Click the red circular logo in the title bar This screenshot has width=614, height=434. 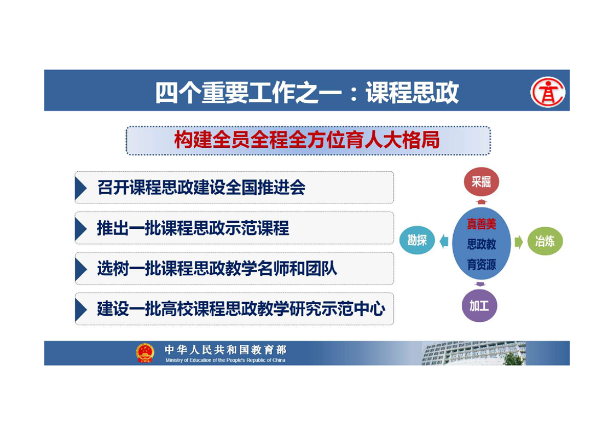(x=547, y=92)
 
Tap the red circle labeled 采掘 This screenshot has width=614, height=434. (x=481, y=182)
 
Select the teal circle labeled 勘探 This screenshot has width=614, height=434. (x=417, y=240)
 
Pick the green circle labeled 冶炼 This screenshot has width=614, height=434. (x=545, y=241)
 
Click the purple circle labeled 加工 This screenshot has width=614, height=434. (x=479, y=305)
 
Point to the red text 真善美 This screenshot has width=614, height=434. (x=481, y=224)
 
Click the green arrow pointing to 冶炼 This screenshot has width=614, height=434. (x=518, y=242)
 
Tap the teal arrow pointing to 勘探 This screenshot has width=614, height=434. (x=444, y=241)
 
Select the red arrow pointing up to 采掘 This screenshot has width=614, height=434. (x=482, y=202)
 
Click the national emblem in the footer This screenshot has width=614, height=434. (x=145, y=353)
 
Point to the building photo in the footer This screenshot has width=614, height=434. (x=473, y=353)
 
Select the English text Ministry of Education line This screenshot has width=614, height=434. (x=225, y=360)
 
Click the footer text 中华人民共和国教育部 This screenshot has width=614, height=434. (x=225, y=349)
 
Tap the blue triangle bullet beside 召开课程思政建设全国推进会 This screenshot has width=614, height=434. (x=80, y=188)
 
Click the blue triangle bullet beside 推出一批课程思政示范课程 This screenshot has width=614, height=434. (x=80, y=228)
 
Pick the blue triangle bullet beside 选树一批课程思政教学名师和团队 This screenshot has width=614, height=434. (x=80, y=269)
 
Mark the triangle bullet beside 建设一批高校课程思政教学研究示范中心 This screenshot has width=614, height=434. (x=80, y=309)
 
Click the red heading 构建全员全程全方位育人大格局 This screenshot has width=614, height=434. (x=307, y=140)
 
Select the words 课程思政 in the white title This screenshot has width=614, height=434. (x=412, y=93)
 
